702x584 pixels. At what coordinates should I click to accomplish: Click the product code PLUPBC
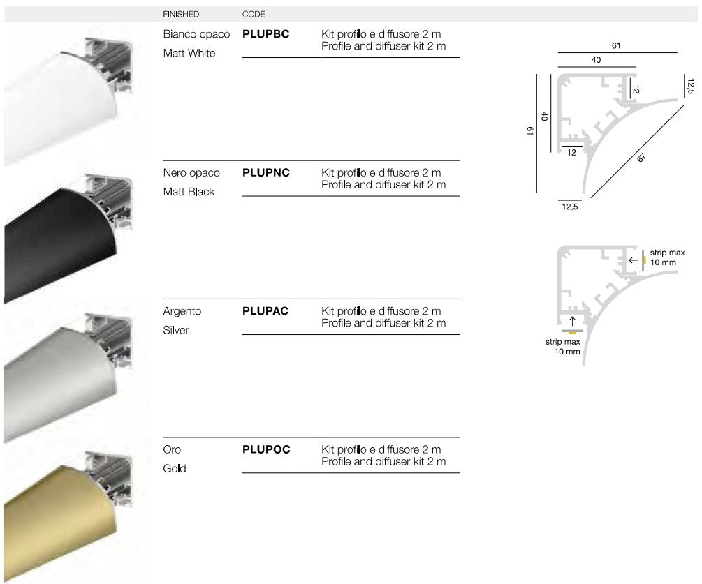[x=265, y=34]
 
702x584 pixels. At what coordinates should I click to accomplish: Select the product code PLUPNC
[x=266, y=172]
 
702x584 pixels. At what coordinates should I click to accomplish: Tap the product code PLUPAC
[x=265, y=310]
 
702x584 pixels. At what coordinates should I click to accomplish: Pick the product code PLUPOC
[x=266, y=449]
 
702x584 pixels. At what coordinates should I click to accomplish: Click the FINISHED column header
[x=181, y=15]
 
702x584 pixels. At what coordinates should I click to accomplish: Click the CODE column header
[x=254, y=15]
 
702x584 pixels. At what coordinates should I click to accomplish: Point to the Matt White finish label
[x=189, y=53]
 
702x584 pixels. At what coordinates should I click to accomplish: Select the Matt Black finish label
[x=189, y=192]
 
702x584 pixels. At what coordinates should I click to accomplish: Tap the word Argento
[x=182, y=312]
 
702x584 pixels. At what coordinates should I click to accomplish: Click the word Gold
[x=175, y=469]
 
